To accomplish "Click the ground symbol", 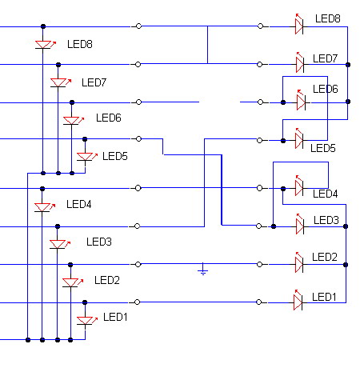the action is pyautogui.click(x=203, y=270).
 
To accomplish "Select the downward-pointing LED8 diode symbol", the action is pyautogui.click(x=45, y=44).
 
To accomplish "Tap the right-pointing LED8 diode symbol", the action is pyautogui.click(x=299, y=25).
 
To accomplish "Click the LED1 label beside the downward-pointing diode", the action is pyautogui.click(x=115, y=317).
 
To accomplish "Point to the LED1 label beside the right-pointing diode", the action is pyautogui.click(x=324, y=297).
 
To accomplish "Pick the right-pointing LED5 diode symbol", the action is pyautogui.click(x=299, y=139).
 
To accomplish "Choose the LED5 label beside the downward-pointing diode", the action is pyautogui.click(x=115, y=156).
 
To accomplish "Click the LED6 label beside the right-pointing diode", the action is pyautogui.click(x=326, y=89).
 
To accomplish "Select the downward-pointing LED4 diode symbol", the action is pyautogui.click(x=44, y=207).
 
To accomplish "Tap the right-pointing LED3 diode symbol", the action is pyautogui.click(x=300, y=225).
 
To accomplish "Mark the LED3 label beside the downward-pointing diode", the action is pyautogui.click(x=99, y=242).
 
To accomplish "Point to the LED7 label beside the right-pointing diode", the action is pyautogui.click(x=325, y=58).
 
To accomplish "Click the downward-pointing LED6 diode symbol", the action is pyautogui.click(x=73, y=120).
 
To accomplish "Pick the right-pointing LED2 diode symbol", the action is pyautogui.click(x=299, y=263).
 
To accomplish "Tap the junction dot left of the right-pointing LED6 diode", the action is pyautogui.click(x=283, y=102).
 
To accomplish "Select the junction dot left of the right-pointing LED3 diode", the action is pyautogui.click(x=274, y=226).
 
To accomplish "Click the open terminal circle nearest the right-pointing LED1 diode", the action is pyautogui.click(x=258, y=302).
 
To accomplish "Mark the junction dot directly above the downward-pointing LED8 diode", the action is pyautogui.click(x=43, y=26).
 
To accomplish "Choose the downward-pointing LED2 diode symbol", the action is pyautogui.click(x=72, y=282).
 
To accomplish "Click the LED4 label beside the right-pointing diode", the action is pyautogui.click(x=325, y=194).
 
